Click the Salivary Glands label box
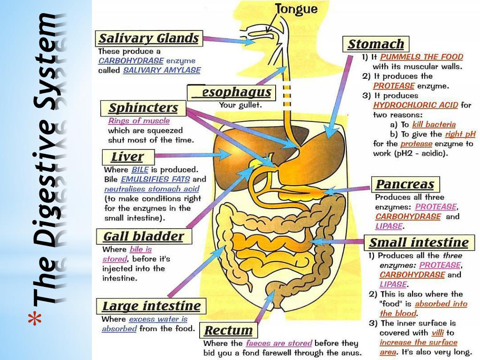tap(149, 38)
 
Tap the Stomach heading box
tap(376, 45)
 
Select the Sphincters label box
tap(143, 108)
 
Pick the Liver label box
tap(127, 157)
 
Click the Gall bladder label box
tap(143, 236)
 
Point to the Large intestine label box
tap(151, 307)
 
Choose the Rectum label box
tap(229, 330)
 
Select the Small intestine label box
tap(418, 243)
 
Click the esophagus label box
tap(231, 92)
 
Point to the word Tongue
tap(296, 9)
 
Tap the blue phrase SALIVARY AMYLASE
tap(162, 70)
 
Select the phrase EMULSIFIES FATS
tap(155, 179)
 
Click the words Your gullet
tap(240, 105)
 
